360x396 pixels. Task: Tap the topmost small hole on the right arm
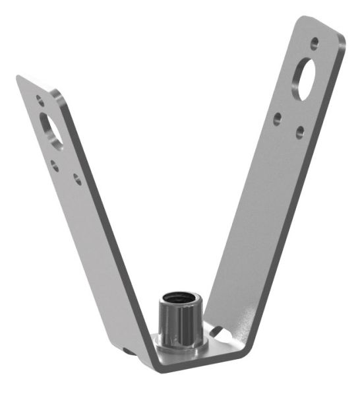(x=315, y=42)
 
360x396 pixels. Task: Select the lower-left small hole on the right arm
(x=278, y=119)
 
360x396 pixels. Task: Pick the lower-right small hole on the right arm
(x=300, y=131)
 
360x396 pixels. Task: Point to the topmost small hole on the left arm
(x=40, y=101)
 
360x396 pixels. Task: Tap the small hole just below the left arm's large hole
(x=55, y=164)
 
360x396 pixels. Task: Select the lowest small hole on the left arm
(x=77, y=179)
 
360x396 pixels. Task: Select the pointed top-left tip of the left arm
(x=18, y=77)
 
